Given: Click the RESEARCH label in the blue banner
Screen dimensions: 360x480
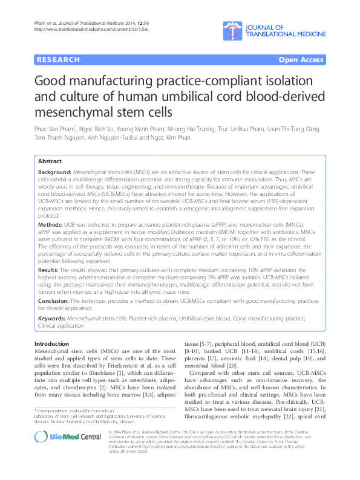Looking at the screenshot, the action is click(x=59, y=60).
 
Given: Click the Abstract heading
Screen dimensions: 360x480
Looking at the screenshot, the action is click(x=50, y=161).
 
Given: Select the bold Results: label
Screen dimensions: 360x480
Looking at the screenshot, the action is click(x=51, y=268).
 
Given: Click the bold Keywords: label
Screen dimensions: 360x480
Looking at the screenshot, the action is click(x=55, y=317).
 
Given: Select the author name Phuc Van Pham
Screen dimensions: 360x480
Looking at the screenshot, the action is click(x=62, y=128).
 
